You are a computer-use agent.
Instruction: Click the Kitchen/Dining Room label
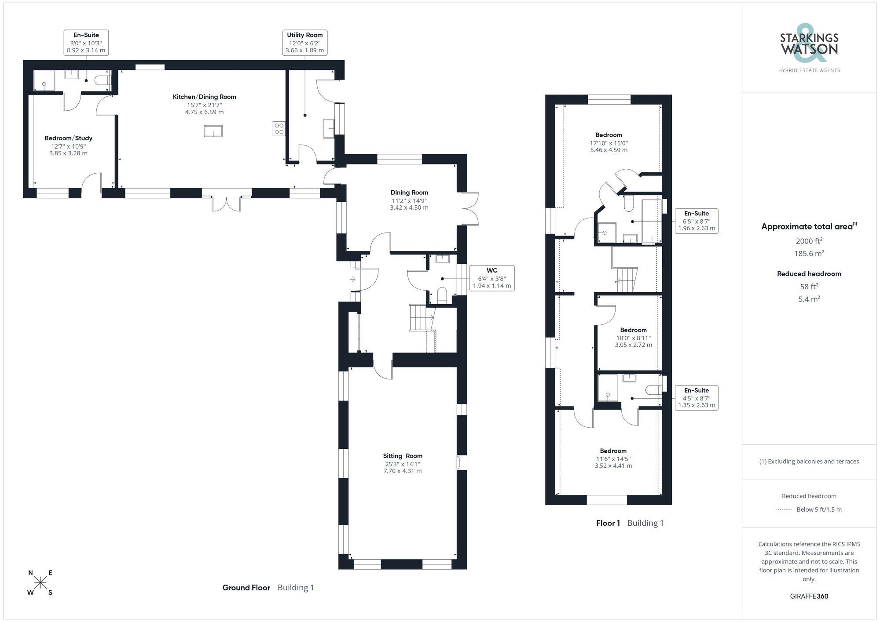tap(204, 104)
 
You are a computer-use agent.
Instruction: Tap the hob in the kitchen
tap(279, 129)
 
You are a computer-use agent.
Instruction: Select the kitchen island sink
tap(213, 131)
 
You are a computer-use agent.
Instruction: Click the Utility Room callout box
tap(304, 42)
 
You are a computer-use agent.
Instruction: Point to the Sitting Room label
tap(403, 463)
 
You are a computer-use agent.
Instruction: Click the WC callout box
tap(492, 278)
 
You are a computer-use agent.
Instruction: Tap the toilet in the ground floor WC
tap(442, 295)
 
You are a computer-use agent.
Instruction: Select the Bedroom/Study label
tap(68, 145)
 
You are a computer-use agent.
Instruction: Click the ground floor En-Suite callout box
tap(86, 42)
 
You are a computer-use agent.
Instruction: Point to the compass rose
tap(40, 583)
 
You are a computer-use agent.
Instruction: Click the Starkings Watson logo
tap(809, 49)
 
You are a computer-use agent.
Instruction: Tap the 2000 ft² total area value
tap(809, 241)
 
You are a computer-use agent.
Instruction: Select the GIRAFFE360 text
tap(809, 596)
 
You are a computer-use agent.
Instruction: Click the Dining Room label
tap(409, 200)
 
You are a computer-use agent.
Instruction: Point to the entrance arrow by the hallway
tap(353, 279)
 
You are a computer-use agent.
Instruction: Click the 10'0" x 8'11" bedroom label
tap(634, 337)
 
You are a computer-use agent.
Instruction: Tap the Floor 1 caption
tap(608, 523)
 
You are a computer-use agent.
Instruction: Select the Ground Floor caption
tap(246, 588)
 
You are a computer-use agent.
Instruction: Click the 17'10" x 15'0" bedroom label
tap(609, 142)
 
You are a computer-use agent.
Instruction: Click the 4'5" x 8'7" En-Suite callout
tap(697, 398)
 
